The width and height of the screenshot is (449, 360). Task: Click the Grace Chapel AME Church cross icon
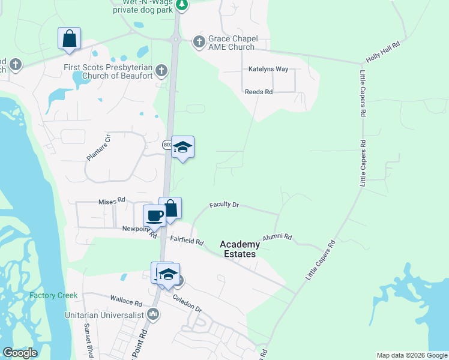[199, 42]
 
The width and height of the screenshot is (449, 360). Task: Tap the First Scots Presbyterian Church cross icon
[160, 71]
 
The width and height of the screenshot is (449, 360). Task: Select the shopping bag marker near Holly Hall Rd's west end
[69, 38]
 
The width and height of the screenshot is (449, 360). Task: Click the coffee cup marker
[154, 215]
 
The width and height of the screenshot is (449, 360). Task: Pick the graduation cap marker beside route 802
[182, 147]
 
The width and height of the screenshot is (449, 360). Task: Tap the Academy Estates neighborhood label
[240, 249]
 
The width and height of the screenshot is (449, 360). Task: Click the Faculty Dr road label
[224, 205]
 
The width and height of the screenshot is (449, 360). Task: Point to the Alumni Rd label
[277, 237]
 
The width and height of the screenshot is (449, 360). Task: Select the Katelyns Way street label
[268, 69]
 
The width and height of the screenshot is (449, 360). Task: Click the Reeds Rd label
[259, 92]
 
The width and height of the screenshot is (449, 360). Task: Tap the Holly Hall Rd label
[382, 52]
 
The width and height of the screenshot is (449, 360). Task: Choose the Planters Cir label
[99, 147]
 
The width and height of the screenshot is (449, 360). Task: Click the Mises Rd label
[112, 200]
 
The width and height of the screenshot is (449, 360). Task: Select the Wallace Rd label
[125, 298]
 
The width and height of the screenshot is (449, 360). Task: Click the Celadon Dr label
[187, 302]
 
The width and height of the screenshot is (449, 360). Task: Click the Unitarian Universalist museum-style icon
[153, 314]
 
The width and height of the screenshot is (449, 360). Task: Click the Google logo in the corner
[20, 353]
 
